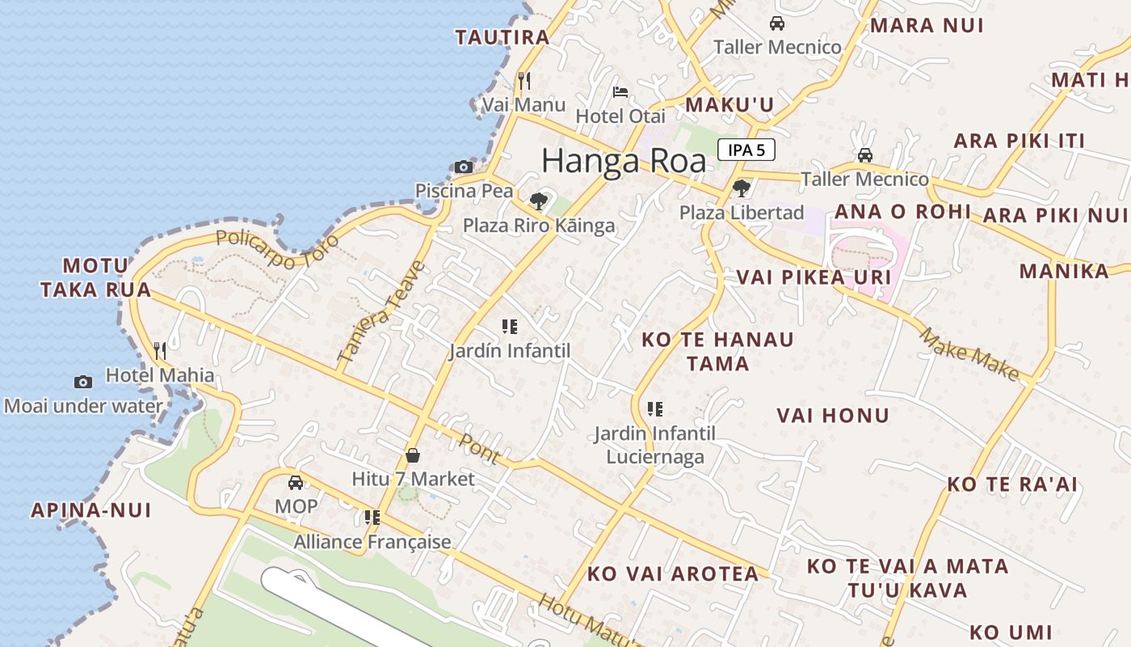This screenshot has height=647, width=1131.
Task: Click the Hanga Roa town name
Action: [623, 161]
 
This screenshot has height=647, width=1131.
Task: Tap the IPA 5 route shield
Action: [746, 150]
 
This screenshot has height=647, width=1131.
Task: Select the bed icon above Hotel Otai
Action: [620, 91]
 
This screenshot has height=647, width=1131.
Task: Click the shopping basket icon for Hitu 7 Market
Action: [413, 455]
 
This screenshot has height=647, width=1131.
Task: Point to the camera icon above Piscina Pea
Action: [464, 167]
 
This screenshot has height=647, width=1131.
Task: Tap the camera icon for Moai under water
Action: [83, 382]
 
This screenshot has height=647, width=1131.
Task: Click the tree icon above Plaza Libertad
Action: [741, 188]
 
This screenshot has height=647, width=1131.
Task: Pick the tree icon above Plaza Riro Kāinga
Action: [539, 201]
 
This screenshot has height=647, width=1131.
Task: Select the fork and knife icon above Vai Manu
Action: [524, 80]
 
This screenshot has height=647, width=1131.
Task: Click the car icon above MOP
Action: [296, 483]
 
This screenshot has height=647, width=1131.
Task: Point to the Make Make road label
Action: [969, 353]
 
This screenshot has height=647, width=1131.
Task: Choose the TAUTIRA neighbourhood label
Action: [502, 37]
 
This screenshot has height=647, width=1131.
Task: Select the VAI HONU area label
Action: [833, 416]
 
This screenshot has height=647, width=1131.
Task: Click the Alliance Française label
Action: [372, 542]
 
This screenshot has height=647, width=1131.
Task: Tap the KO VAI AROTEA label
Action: [673, 574]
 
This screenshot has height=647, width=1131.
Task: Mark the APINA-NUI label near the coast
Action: [91, 510]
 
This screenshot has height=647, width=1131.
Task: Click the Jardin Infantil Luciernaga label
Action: [654, 445]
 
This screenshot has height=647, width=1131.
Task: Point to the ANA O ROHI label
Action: [902, 212]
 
